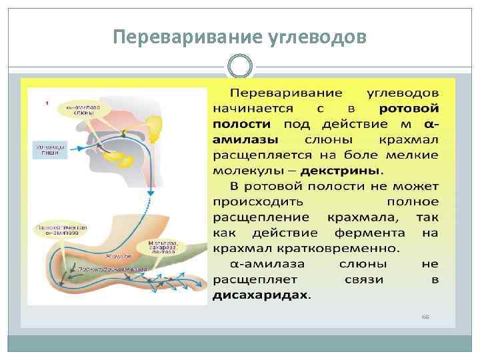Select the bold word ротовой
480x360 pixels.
(x=409, y=107)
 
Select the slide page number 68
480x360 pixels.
(x=425, y=316)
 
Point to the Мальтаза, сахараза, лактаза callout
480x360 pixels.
(x=163, y=247)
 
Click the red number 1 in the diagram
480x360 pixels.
(x=46, y=103)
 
